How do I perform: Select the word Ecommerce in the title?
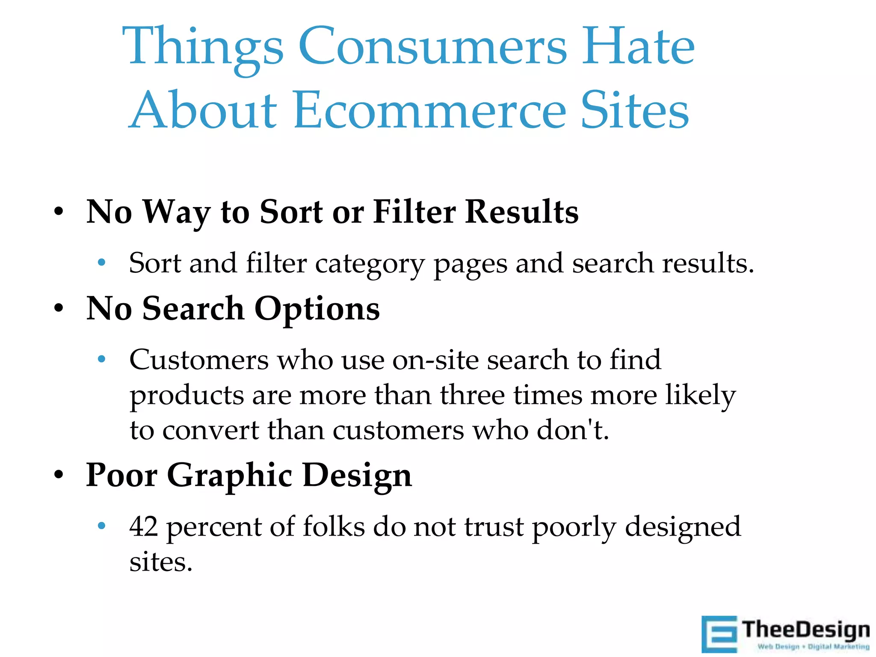click(x=429, y=110)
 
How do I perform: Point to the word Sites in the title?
click(x=635, y=110)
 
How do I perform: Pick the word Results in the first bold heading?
click(x=522, y=212)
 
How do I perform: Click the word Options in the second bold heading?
click(x=317, y=309)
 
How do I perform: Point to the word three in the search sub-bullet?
click(x=473, y=395)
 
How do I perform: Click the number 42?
click(x=144, y=527)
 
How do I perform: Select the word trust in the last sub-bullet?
click(x=494, y=527)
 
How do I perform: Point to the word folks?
click(x=334, y=527)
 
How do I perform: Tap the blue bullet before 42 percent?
click(x=101, y=526)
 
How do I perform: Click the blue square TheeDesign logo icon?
click(x=719, y=634)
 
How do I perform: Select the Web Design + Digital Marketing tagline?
click(x=813, y=647)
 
